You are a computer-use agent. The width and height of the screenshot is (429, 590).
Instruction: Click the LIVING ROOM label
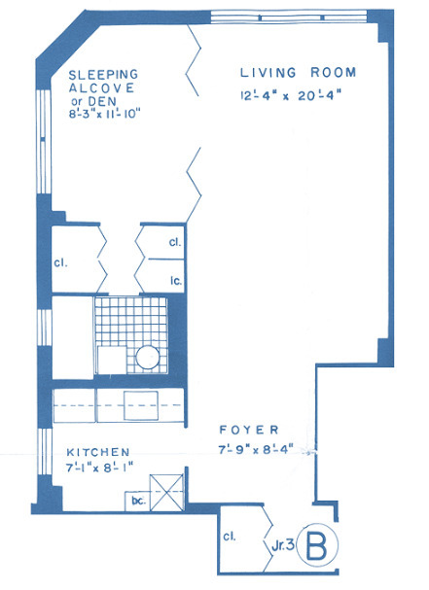tap(298, 73)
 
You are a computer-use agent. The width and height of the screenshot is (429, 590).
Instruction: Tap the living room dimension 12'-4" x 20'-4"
tap(291, 95)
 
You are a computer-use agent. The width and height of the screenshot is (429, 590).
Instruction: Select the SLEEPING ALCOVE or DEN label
tap(103, 87)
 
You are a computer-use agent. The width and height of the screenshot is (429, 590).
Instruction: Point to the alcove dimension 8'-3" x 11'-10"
tap(104, 114)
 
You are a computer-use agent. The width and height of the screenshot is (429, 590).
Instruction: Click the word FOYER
tap(249, 430)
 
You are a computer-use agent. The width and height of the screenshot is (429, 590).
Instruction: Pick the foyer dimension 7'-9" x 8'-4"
tap(256, 449)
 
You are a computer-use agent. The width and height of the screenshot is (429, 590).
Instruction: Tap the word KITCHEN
tap(98, 452)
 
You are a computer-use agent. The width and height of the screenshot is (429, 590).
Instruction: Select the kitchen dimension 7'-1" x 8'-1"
tap(99, 469)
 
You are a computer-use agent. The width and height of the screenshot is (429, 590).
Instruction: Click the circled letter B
tap(317, 545)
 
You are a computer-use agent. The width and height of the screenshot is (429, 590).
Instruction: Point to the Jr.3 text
tap(282, 545)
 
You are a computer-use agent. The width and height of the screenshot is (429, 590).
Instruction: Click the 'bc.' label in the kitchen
tap(138, 502)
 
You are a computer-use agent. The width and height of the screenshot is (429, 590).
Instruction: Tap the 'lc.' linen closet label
tap(176, 280)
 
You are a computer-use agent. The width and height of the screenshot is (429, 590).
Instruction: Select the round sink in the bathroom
tap(148, 357)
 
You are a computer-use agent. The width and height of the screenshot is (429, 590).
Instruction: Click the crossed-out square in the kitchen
tap(167, 492)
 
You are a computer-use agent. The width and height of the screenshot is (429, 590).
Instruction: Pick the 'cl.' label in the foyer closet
tap(230, 537)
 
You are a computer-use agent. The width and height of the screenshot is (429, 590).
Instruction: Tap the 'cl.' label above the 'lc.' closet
tap(175, 242)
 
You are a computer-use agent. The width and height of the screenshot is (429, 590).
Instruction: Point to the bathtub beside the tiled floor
tap(72, 337)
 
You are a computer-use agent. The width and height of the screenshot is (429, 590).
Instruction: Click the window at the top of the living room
tap(289, 17)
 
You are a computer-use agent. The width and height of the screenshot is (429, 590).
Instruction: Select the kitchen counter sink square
tap(141, 405)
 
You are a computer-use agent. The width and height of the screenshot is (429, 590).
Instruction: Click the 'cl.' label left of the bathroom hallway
tap(60, 262)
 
